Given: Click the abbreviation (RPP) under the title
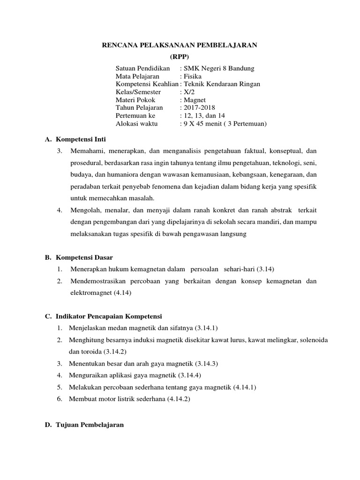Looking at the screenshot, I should click(180, 56).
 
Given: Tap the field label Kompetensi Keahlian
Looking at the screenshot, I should click(147, 84).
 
